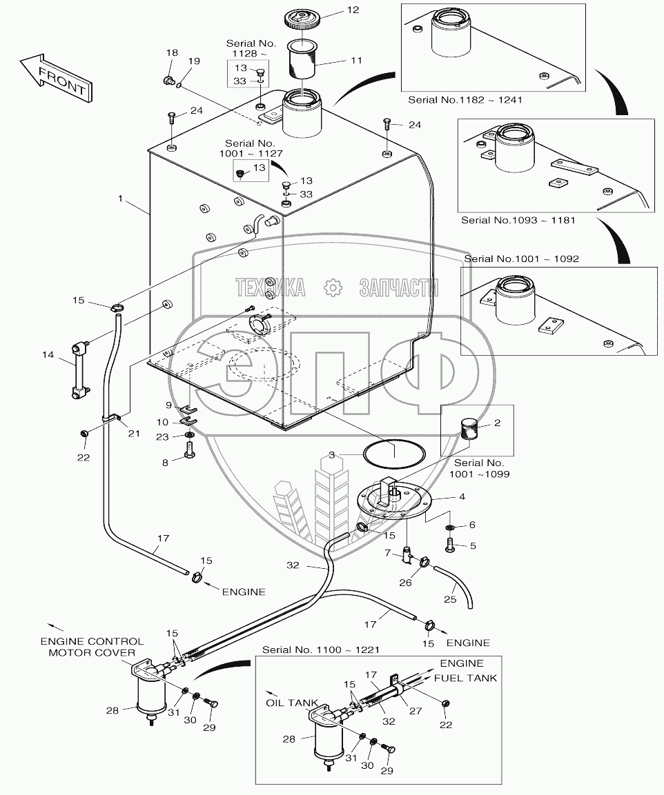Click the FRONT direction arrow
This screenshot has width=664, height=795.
tap(55, 77)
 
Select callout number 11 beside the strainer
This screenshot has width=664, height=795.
tap(355, 61)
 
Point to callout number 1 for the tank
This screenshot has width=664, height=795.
tap(120, 199)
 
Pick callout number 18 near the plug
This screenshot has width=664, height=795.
tap(172, 53)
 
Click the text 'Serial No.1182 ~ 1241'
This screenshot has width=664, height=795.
tap(465, 100)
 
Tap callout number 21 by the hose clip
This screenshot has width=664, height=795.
tap(133, 432)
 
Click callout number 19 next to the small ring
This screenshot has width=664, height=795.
tap(194, 61)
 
